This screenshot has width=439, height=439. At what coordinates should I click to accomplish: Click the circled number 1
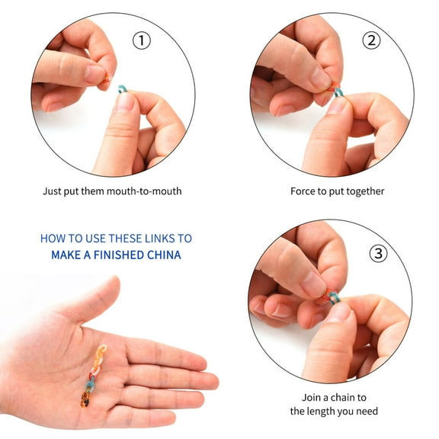[142, 40]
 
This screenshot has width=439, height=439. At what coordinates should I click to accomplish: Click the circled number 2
[372, 40]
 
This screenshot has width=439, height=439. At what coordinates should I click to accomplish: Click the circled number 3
[378, 252]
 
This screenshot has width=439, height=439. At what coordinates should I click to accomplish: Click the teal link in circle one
[122, 89]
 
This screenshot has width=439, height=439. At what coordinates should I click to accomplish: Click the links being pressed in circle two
[335, 91]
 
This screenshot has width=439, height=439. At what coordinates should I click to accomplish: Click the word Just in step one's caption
[53, 191]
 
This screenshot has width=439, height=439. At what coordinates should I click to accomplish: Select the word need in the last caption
[365, 412]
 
